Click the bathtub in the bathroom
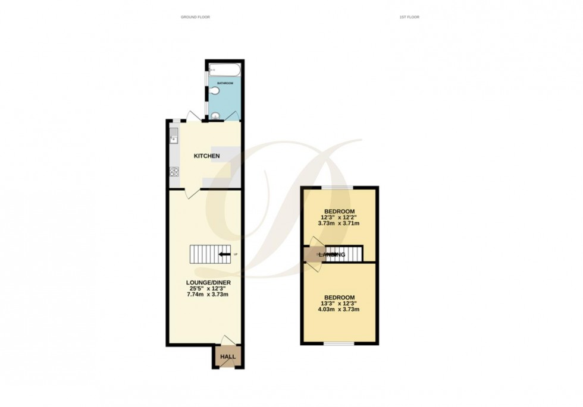coord(224,71)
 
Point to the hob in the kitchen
coord(174,172)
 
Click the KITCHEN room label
coord(207,156)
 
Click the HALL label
coord(228,357)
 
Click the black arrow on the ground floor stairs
coord(224,255)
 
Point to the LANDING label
coord(332,255)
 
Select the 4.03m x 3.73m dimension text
coord(340,310)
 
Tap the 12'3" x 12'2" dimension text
coord(340,218)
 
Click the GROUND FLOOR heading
coord(195,17)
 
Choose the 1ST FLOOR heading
coord(409,17)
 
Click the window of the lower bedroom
coord(338,343)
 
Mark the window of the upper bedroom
coord(338,187)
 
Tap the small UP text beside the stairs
coord(236,255)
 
